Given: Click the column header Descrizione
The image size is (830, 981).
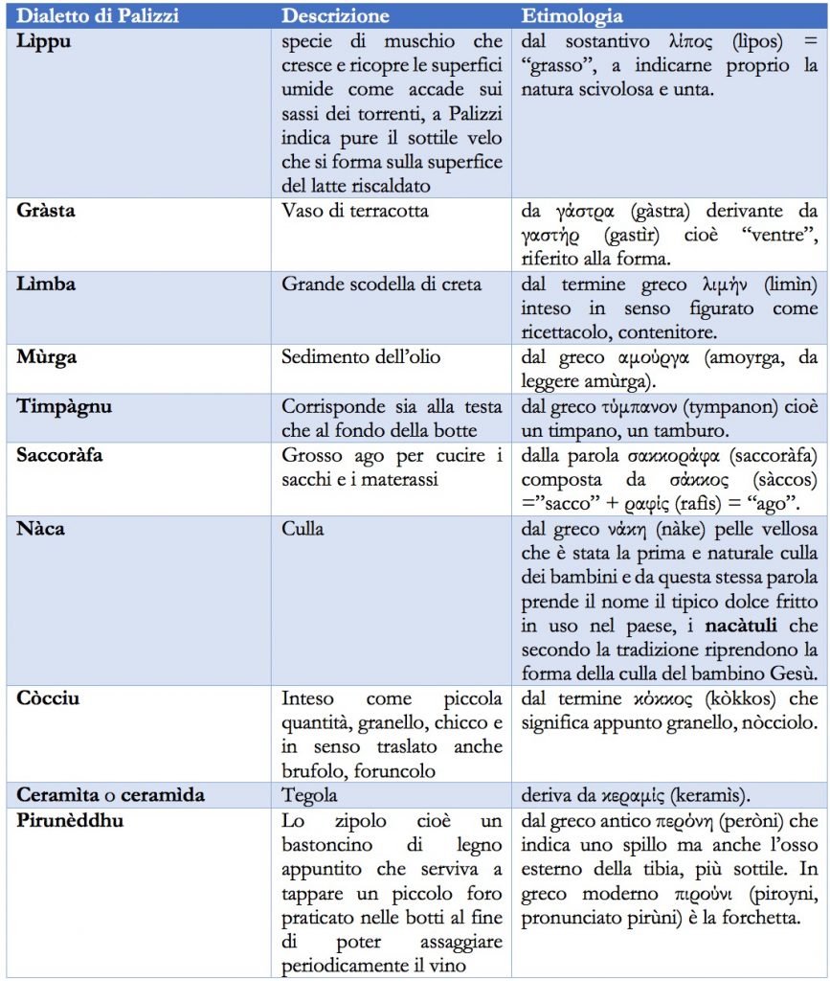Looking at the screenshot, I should click(x=335, y=16).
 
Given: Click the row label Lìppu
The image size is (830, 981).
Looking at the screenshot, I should click(x=43, y=41).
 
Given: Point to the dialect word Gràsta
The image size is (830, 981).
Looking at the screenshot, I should click(x=46, y=211).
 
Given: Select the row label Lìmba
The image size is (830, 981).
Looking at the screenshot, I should click(x=46, y=285).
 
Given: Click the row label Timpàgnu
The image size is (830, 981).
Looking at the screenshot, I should click(x=64, y=406).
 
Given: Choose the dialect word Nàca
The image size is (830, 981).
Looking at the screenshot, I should click(x=41, y=528).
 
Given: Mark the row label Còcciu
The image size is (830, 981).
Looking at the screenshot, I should click(x=49, y=697).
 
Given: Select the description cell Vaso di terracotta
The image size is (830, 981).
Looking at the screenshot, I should click(x=355, y=211).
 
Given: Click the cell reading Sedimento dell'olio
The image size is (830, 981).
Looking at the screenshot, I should click(x=361, y=357).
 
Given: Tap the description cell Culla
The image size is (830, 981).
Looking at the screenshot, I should click(x=303, y=528).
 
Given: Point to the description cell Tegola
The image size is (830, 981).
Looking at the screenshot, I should click(x=309, y=795).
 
